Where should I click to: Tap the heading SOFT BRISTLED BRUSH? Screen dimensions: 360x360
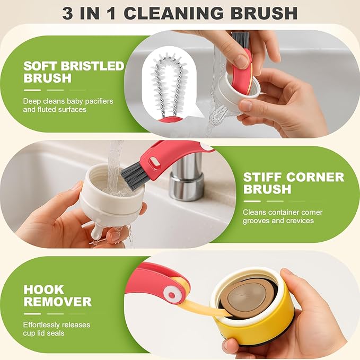pyautogui.click(x=73, y=72)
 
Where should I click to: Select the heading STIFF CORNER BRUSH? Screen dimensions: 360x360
pyautogui.click(x=293, y=183)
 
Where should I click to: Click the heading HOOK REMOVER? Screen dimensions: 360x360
pyautogui.click(x=57, y=296)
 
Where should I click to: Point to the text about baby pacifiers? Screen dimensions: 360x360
pyautogui.click(x=68, y=105)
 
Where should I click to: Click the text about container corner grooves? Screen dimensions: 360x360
pyautogui.click(x=282, y=216)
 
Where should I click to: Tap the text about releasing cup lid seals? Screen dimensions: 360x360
pyautogui.click(x=56, y=329)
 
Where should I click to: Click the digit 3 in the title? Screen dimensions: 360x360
pyautogui.click(x=68, y=13)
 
